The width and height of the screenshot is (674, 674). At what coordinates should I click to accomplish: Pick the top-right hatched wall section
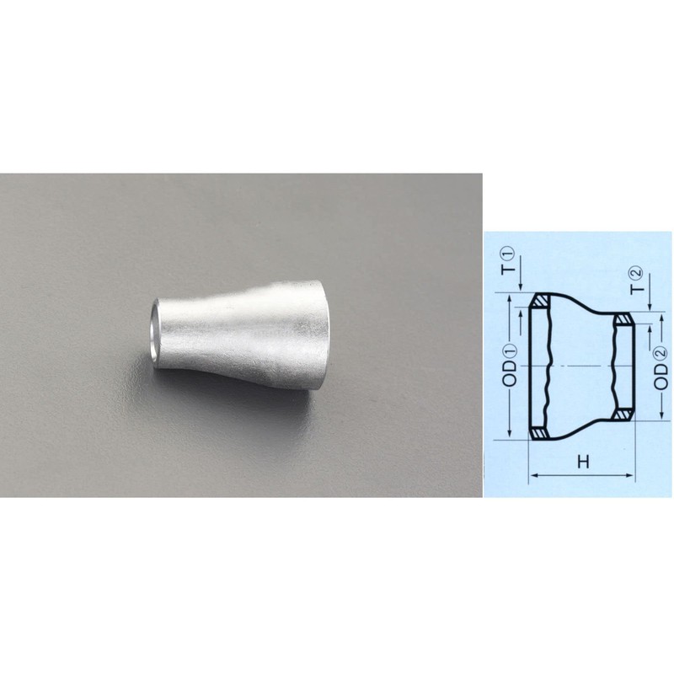(623, 320)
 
